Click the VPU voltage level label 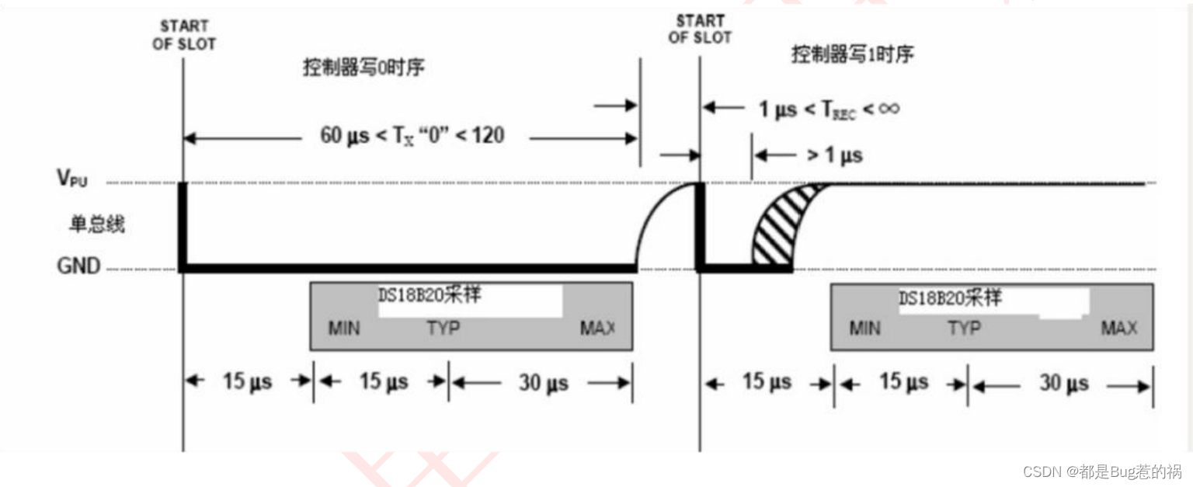point(72,179)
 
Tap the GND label point(78,266)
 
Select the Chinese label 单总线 point(97,225)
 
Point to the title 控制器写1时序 point(852,55)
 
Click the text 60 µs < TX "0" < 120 point(412,136)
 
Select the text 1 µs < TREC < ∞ point(829,109)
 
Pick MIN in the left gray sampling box point(344,328)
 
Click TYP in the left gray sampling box point(443,328)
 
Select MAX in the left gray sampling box point(597,328)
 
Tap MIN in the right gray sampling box point(864,328)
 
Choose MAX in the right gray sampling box point(1118,328)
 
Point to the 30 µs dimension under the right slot point(1063,383)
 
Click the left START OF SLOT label point(183,36)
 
